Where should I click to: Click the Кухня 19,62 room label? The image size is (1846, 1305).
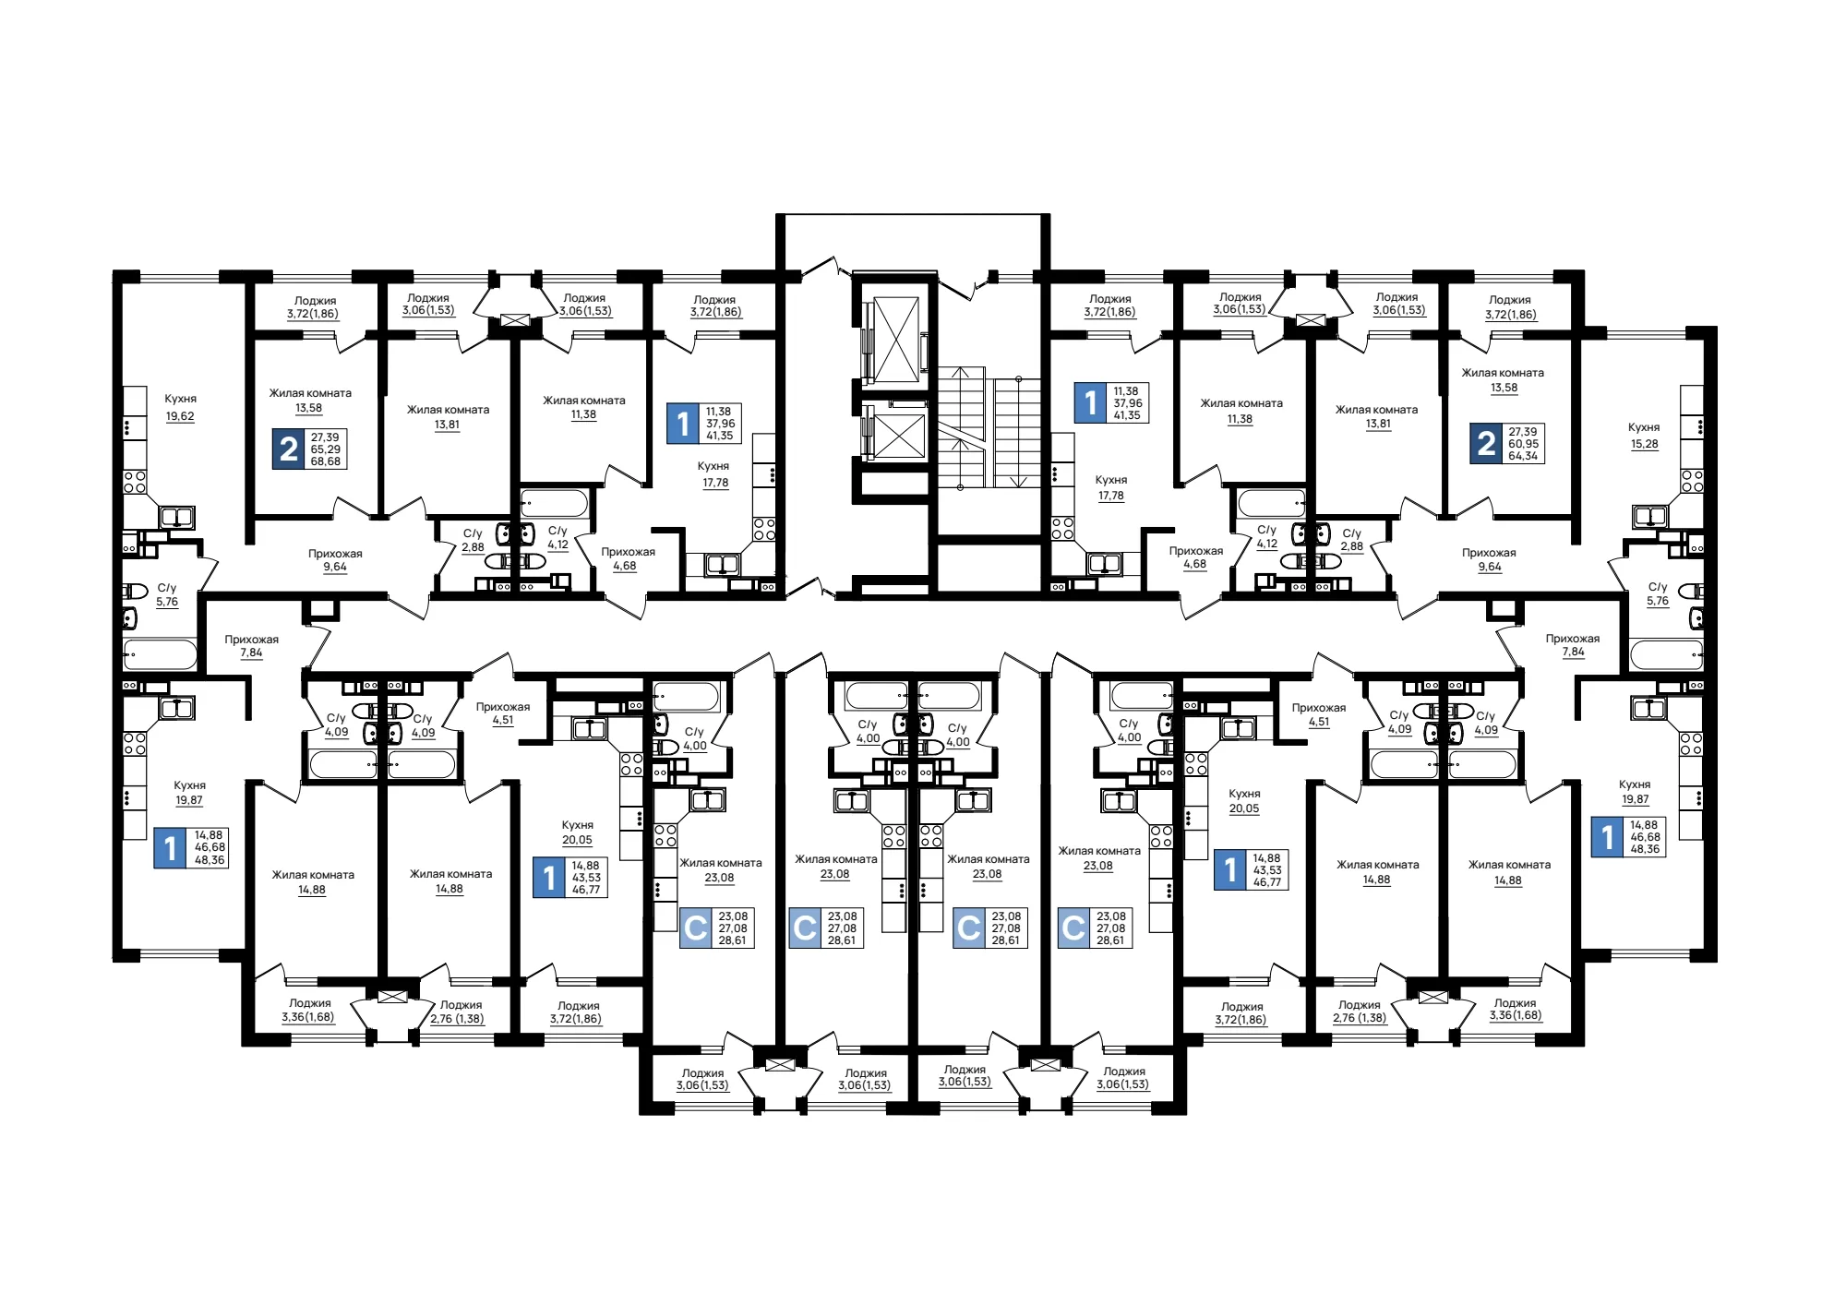180,407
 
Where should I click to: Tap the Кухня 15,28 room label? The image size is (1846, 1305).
1644,436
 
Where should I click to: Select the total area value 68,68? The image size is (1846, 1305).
326,461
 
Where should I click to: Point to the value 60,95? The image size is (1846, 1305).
1523,444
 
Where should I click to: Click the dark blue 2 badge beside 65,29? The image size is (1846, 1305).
288,449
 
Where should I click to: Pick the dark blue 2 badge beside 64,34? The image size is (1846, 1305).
1486,443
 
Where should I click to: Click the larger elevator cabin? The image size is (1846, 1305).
895,339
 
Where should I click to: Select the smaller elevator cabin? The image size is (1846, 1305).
898,437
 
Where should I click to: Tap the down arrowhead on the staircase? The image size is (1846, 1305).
1018,482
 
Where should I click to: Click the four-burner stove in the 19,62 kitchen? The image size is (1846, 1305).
135,482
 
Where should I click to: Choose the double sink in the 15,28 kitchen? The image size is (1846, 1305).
1649,516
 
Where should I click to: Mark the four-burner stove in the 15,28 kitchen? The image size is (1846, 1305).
1691,481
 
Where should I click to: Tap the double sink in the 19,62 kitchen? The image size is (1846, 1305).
176,517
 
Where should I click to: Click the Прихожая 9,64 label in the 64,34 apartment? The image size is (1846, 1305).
1489,560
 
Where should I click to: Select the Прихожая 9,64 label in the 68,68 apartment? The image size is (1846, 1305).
335,560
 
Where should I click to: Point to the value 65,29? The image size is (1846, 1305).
326,449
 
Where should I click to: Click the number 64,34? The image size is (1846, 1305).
1523,456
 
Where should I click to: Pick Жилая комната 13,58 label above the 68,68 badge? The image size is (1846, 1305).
310,401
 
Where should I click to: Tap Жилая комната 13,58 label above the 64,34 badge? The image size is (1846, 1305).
1503,380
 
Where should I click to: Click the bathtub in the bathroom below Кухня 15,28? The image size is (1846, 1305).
1666,655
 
